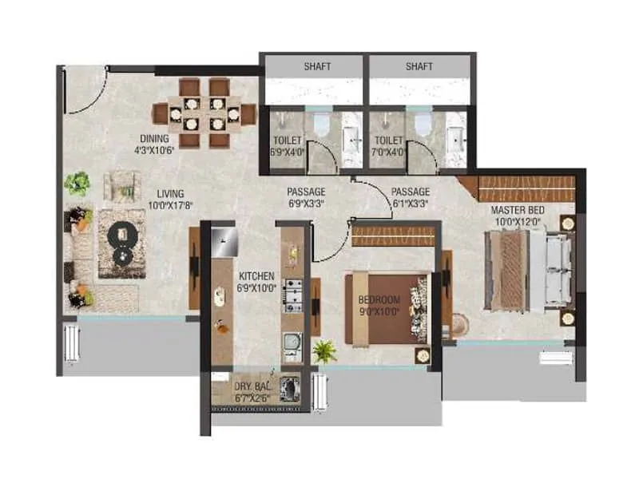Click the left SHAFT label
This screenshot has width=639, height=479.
pos(316,66)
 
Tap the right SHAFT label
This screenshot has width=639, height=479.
pos(419,66)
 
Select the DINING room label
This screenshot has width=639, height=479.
pos(152,138)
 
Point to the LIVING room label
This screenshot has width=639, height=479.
pos(170,193)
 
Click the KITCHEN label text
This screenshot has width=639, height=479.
pos(256,276)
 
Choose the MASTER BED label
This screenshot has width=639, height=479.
pos(516,210)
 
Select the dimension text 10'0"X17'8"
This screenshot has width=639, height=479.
pos(170,204)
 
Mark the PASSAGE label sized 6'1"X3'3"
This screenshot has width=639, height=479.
pos(411,192)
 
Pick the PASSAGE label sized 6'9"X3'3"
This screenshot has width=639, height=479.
pos(306,192)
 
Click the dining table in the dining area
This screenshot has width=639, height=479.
pos(212,113)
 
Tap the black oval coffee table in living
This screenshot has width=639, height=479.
pos(122,245)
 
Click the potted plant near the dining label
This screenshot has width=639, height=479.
pos(77,184)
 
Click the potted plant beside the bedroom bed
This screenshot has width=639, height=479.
pos(324,350)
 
